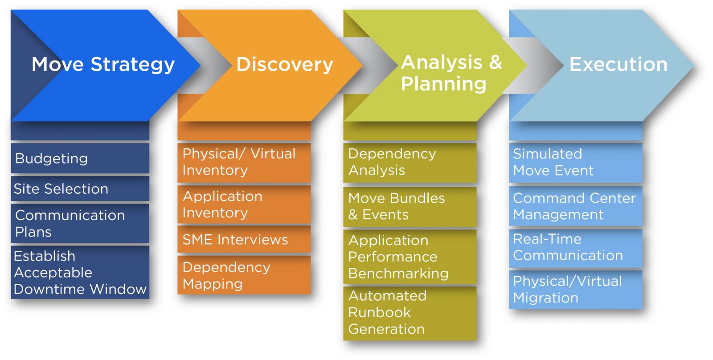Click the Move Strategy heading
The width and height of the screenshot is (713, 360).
[x=103, y=65]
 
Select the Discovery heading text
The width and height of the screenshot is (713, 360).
[x=285, y=65]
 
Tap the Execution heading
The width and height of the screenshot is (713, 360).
[x=618, y=64]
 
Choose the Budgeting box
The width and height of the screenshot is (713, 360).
[x=80, y=158]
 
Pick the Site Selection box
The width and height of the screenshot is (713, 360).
[x=80, y=188]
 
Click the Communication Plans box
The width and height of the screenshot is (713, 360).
[x=80, y=224]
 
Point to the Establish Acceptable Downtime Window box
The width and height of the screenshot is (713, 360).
[x=80, y=272]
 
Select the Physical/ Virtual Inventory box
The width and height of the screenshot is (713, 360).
[x=244, y=163]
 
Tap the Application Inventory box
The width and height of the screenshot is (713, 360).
[x=244, y=205]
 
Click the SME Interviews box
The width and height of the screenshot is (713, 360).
[x=244, y=239]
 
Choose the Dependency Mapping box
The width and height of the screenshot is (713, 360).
[x=244, y=275]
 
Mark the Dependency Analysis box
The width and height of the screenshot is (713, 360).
[x=410, y=163]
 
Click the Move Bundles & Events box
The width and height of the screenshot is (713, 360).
[x=410, y=207]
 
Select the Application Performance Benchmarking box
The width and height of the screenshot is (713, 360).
[x=410, y=257]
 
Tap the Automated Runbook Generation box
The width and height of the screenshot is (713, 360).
[x=410, y=313]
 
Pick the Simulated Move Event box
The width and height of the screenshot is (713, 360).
[x=576, y=163]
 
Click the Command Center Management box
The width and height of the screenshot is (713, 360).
[x=576, y=206]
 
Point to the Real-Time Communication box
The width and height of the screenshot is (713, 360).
[x=576, y=248]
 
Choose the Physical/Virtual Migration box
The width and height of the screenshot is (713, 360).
[x=576, y=290]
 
